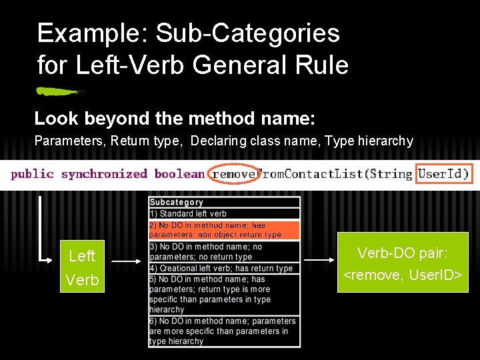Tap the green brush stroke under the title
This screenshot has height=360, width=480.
58,91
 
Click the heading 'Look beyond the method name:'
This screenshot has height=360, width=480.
175,119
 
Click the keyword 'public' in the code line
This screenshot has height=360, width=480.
32,174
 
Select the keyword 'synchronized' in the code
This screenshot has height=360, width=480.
103,174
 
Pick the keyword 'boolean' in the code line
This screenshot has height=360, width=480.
179,174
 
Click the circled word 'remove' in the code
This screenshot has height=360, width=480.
233,174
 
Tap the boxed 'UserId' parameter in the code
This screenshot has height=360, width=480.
443,174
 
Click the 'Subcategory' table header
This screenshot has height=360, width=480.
176,202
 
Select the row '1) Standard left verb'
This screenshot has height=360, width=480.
188,213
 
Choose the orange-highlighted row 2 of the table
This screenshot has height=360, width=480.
224,230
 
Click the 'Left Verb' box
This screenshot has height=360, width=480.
83,267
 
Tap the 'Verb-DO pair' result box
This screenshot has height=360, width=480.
403,262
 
